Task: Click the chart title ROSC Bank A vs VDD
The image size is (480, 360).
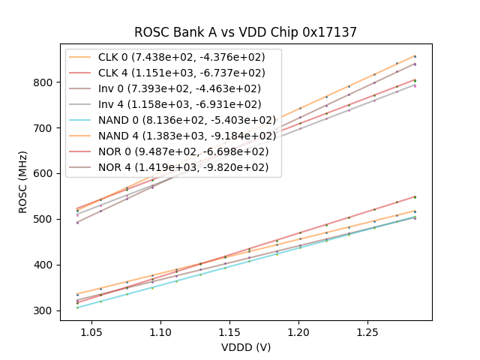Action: tap(245, 32)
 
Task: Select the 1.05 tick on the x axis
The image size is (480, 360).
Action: tap(91, 331)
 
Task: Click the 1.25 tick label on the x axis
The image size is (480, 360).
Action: tap(367, 331)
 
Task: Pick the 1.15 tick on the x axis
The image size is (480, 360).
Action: tap(229, 331)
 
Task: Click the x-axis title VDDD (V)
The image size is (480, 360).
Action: tap(245, 347)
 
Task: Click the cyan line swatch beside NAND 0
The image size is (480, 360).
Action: tap(82, 120)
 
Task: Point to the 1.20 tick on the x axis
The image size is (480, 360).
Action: tap(298, 331)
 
